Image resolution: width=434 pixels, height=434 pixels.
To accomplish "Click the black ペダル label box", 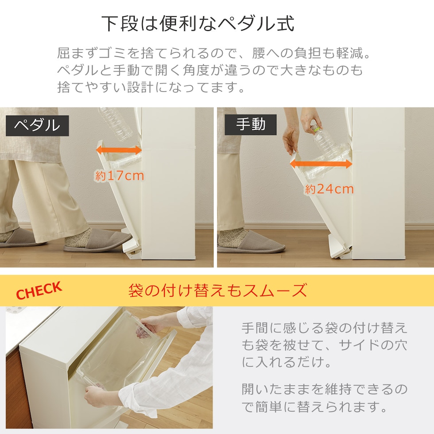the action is pos(37,126).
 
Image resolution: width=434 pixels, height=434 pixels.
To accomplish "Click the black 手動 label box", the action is pos(251,124).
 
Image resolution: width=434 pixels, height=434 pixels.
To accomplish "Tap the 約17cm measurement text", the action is pos(120,176).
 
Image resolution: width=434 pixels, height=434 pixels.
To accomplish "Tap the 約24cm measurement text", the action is pos(329,190).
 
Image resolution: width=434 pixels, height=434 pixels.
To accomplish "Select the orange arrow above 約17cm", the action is pos(119,151).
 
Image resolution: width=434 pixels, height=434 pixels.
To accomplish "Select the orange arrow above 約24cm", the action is pos(321,164).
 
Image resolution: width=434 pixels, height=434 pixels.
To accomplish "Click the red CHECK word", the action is pos(39,291).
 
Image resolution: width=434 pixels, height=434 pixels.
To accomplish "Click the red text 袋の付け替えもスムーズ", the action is pos(217,291).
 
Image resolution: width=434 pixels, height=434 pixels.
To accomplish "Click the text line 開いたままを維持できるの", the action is pos(324,389).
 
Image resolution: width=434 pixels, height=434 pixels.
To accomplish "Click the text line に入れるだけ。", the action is pos(287,362).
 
